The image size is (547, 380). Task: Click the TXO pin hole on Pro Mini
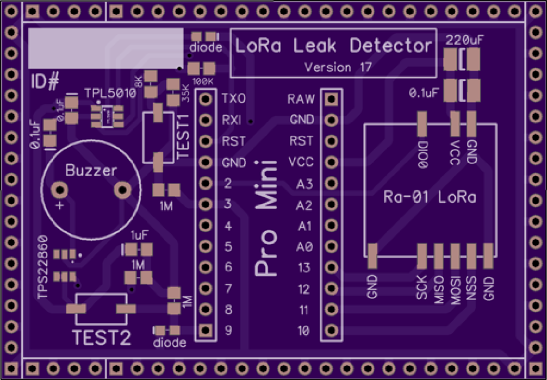[x=206, y=99]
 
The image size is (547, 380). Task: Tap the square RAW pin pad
[x=331, y=99]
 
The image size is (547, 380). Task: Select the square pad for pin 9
[x=206, y=330]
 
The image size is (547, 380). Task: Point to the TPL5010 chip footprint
[x=105, y=116]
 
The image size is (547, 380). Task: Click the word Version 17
[x=338, y=67]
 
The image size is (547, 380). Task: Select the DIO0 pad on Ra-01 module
[x=422, y=124]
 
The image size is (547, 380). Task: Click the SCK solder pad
[x=422, y=256]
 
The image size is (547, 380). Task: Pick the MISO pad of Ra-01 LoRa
[x=439, y=256]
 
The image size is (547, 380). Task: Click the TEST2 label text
[x=102, y=338]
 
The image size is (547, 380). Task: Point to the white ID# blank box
[x=106, y=48]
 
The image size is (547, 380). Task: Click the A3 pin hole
[x=331, y=184]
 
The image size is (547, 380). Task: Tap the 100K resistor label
[x=202, y=81]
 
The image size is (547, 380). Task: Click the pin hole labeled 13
[x=331, y=267]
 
